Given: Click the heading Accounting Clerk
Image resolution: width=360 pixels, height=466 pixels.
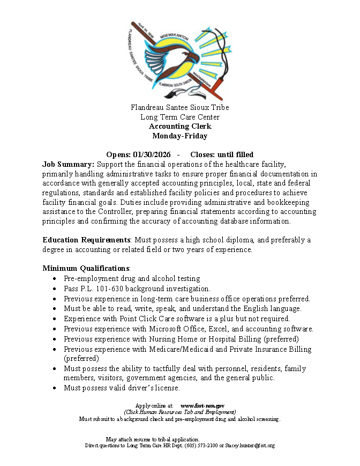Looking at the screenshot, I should click(x=180, y=127).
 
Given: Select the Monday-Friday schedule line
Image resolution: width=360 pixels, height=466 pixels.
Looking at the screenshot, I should click(x=180, y=136).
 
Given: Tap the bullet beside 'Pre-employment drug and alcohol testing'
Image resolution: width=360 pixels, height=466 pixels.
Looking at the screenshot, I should click(x=55, y=279).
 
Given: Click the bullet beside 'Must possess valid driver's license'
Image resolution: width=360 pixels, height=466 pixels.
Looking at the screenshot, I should click(x=55, y=388).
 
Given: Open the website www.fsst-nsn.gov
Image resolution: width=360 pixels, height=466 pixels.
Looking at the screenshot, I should click(x=202, y=406).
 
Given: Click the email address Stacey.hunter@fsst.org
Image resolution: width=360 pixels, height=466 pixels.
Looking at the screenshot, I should click(x=249, y=446).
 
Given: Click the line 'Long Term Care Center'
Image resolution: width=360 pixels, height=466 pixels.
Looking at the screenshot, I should click(x=180, y=117).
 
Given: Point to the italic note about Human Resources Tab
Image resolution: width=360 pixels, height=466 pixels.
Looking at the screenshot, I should click(x=180, y=412).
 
